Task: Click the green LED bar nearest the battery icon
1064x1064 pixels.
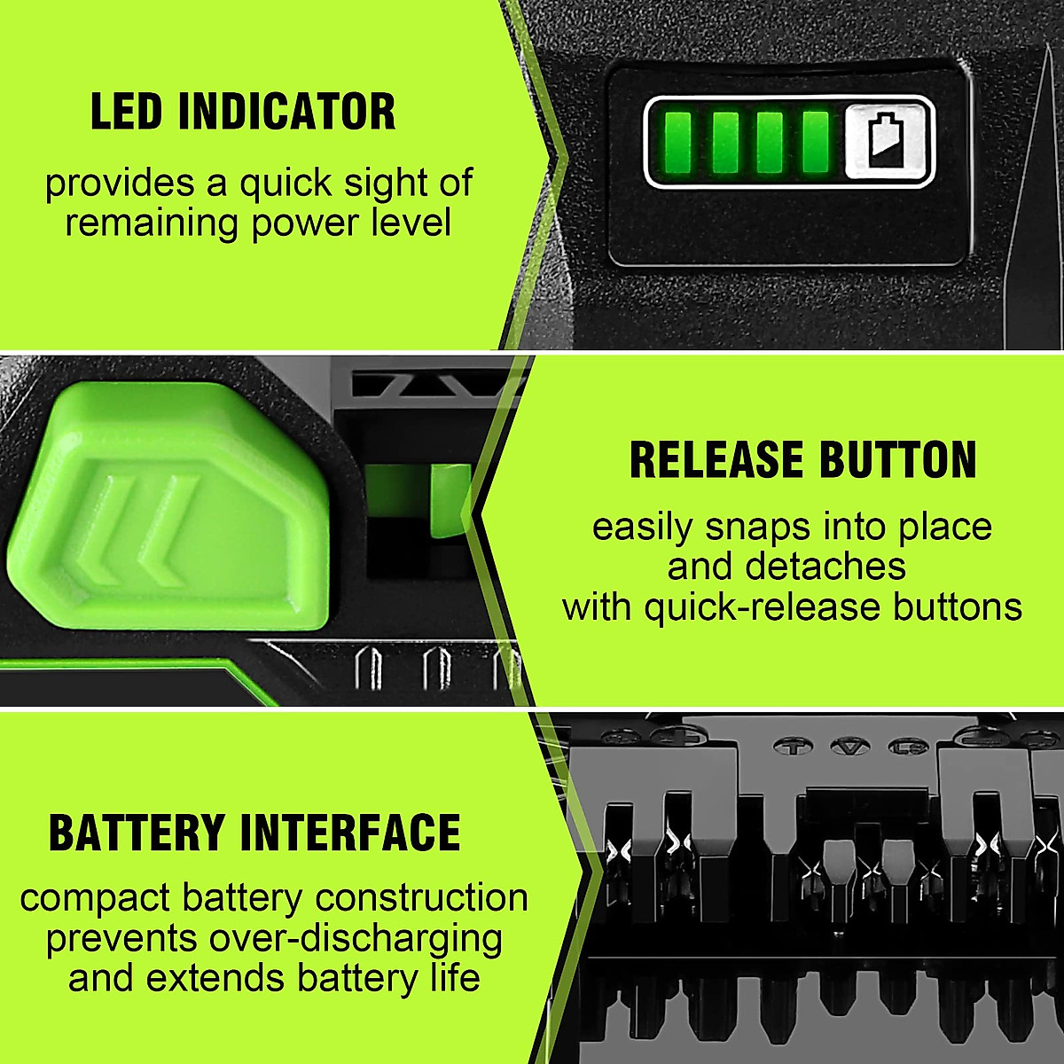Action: (814, 142)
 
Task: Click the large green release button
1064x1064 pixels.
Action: (168, 505)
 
